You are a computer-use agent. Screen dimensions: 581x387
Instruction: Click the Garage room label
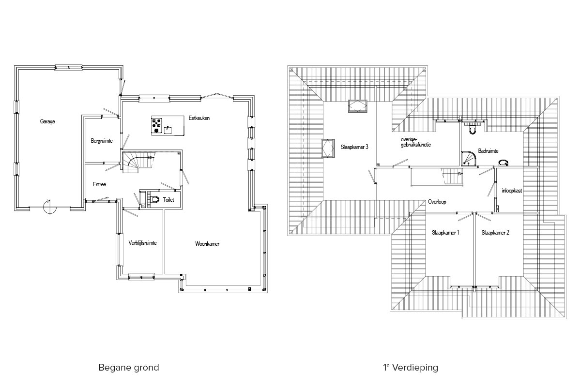click(47, 121)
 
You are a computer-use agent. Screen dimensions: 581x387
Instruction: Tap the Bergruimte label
click(102, 141)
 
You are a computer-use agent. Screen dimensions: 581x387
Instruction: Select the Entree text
click(99, 184)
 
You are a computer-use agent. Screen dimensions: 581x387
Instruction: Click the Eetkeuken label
click(199, 118)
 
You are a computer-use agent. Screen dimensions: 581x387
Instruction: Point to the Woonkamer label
click(207, 244)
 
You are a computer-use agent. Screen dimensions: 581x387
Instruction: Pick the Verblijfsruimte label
click(143, 243)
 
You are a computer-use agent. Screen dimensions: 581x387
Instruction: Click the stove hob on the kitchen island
click(157, 125)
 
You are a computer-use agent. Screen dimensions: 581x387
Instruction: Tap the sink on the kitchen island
click(168, 129)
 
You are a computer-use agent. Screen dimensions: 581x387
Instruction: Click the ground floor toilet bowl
click(155, 200)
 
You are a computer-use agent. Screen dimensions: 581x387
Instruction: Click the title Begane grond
click(129, 368)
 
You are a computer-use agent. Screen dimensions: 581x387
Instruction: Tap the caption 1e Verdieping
click(411, 367)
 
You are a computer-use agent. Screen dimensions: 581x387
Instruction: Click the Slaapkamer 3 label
click(354, 147)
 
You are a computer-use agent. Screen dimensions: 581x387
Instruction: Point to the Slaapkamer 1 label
click(445, 233)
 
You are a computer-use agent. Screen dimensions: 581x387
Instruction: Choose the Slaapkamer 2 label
click(495, 233)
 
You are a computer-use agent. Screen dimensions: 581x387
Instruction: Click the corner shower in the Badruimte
click(468, 159)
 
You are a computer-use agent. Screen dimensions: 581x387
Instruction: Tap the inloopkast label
click(512, 191)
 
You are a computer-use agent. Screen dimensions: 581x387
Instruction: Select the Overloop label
click(437, 202)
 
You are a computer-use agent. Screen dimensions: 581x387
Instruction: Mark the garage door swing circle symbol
click(49, 207)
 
